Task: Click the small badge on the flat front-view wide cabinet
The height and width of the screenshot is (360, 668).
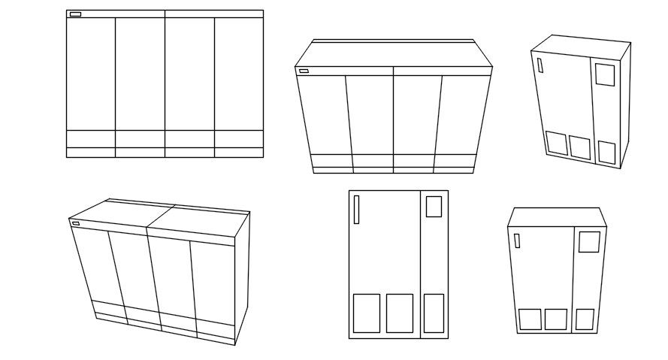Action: pos(75,14)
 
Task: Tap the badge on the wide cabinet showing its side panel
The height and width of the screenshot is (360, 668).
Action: pos(75,223)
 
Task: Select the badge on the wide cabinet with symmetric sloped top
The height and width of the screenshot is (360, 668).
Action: pos(304,71)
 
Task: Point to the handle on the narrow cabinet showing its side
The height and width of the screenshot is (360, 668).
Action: pos(540,65)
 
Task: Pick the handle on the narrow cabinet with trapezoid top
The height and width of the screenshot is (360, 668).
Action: pos(517,241)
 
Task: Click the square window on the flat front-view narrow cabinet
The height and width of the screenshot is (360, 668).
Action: pos(434,206)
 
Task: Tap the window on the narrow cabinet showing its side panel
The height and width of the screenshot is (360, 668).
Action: pos(605,74)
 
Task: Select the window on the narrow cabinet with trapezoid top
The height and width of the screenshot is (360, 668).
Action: pos(589,242)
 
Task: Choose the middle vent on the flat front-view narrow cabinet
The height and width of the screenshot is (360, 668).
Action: pos(400,313)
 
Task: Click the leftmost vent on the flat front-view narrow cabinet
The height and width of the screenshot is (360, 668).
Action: pos(366,313)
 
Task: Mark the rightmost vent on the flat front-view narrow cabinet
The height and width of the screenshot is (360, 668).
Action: pos(434,313)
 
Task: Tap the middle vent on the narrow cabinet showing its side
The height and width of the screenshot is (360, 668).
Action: pos(580,147)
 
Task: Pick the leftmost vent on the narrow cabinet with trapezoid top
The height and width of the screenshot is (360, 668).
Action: pos(530,319)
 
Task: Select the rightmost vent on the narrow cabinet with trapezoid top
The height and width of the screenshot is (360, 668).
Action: pos(585,319)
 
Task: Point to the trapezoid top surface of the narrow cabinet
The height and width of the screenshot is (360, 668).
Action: pos(557,216)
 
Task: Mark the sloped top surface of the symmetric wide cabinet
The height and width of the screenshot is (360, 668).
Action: pos(394,55)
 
